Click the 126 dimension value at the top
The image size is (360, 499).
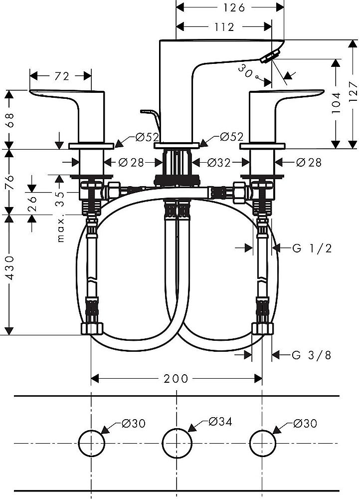coord(234,7)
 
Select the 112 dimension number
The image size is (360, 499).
coord(224,27)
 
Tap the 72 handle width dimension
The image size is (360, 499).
coord(62,76)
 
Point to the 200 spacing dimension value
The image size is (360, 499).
coord(176,379)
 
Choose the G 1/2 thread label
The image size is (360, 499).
coord(312,248)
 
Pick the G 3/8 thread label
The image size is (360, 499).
coord(312,355)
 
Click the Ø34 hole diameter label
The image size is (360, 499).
coord(220,422)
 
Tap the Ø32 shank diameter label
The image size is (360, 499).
coord(218,163)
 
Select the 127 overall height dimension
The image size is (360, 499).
coord(354,91)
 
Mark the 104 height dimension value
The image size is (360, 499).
coord(336,102)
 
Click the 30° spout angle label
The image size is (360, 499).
coord(247,71)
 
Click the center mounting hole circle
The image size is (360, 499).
coord(177,443)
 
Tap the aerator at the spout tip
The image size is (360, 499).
coord(270,56)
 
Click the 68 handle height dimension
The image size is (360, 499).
coord(10,119)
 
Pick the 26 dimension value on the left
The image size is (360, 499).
coord(32,204)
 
